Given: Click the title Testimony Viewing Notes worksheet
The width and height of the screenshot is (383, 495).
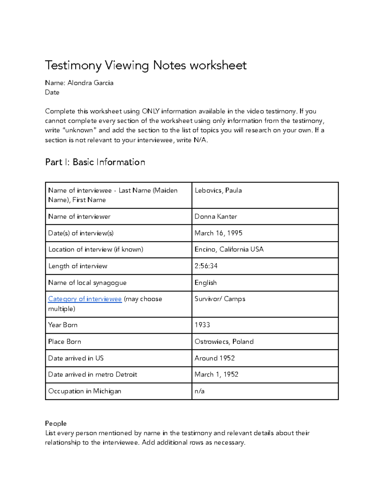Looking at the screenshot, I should (x=146, y=65).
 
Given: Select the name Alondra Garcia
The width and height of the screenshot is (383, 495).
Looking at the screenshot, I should (x=90, y=83).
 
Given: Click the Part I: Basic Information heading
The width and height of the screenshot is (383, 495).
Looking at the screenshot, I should (x=95, y=162).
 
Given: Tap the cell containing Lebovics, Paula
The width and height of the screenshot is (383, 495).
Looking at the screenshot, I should (x=218, y=191).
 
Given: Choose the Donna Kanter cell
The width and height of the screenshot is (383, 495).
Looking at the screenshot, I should (x=216, y=217).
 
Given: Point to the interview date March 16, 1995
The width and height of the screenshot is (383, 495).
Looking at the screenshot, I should (x=218, y=233).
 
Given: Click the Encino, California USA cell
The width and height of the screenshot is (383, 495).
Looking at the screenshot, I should (x=229, y=250).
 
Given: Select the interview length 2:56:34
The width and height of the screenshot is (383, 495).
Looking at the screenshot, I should (x=206, y=266).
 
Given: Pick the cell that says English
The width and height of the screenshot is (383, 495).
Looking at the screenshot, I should (x=206, y=283).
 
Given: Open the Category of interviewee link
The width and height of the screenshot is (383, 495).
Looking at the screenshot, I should (x=85, y=299).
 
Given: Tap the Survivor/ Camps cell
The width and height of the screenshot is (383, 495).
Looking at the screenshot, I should (x=220, y=299).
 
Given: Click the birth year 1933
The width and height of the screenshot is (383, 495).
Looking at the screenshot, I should (x=202, y=325).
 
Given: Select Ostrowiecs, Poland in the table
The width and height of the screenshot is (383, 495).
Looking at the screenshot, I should (x=224, y=342).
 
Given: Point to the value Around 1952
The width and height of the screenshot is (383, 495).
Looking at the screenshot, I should (x=214, y=358).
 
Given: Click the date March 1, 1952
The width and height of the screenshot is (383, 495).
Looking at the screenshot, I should (x=216, y=375).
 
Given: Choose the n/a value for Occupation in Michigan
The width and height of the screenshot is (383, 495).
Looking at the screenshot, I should (x=199, y=391).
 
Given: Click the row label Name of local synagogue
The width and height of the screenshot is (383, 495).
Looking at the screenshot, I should (x=87, y=283).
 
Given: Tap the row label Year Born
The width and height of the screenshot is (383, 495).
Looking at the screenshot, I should (x=63, y=325).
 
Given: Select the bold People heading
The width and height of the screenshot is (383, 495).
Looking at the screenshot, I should (x=56, y=424).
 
